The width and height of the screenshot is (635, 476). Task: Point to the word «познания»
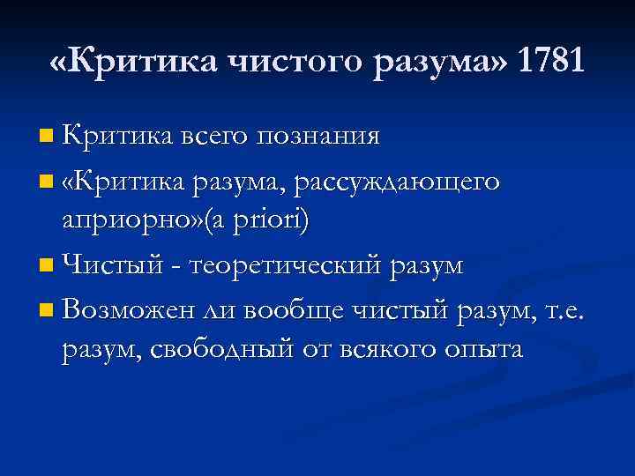319,137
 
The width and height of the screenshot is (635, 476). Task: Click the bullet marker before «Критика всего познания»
46,137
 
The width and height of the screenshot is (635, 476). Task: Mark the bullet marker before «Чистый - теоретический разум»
46,264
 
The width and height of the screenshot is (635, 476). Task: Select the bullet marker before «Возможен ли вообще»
46,309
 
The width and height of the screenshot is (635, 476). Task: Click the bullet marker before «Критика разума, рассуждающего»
46,182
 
